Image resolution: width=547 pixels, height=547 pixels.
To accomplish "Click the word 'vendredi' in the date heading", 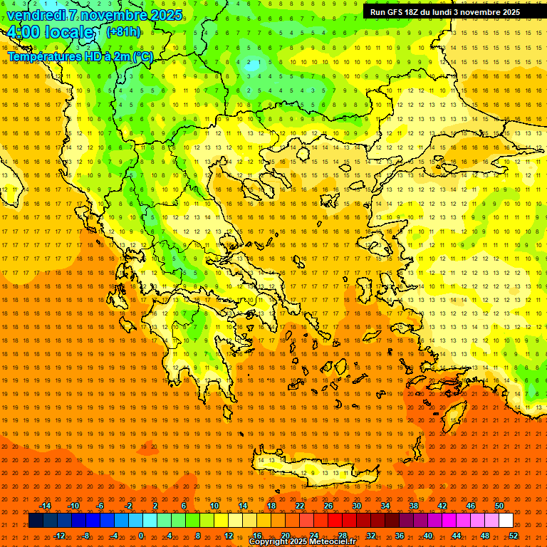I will point(36,15).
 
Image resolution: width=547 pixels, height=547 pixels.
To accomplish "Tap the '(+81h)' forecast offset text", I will point(123,32).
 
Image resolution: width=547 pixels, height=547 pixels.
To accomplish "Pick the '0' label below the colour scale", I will point(141,536).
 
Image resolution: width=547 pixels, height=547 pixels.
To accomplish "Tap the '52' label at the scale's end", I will point(514,536).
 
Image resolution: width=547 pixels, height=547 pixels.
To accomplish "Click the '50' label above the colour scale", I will point(499,506).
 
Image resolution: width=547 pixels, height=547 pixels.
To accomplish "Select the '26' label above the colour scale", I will point(328,506).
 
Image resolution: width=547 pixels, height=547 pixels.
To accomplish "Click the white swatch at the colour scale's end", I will point(506,521).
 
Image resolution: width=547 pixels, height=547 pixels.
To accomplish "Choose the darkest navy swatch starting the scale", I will point(36,521).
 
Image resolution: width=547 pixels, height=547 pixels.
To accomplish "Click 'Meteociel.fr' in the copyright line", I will point(331,542).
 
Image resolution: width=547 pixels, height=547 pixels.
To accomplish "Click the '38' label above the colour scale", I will point(414,506).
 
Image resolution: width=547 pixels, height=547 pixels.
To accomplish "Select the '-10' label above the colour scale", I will point(73,506).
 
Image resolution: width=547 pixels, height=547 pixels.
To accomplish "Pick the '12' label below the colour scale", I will point(229,536).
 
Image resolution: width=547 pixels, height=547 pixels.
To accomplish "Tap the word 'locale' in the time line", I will point(68,33).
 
